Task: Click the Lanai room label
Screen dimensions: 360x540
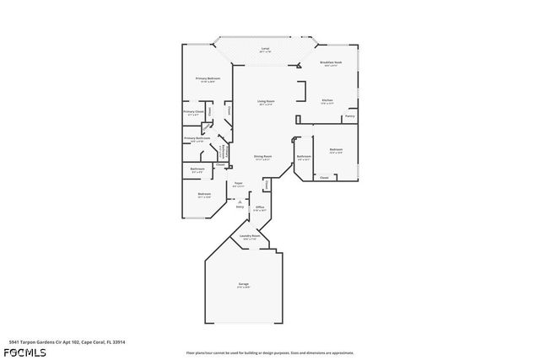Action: [x=265, y=49]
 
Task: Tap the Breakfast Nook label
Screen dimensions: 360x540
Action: [x=330, y=62]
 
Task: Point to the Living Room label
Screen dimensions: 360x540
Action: [x=267, y=101]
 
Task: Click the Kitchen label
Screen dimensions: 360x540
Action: [x=327, y=100]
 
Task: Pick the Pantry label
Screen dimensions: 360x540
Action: [x=348, y=117]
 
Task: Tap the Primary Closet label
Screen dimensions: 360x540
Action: [x=193, y=111]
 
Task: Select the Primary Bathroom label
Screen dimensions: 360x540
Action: [x=197, y=138]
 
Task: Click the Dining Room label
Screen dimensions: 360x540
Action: [x=262, y=156]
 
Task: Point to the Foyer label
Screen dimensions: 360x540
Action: [x=239, y=184]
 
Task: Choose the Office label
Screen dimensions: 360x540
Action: [x=261, y=207]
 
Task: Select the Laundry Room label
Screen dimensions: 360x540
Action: [x=250, y=236]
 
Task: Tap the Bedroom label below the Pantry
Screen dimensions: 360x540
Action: [x=336, y=149]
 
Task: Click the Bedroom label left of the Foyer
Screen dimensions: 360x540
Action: [x=204, y=194]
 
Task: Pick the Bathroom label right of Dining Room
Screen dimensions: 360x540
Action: [x=304, y=156]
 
